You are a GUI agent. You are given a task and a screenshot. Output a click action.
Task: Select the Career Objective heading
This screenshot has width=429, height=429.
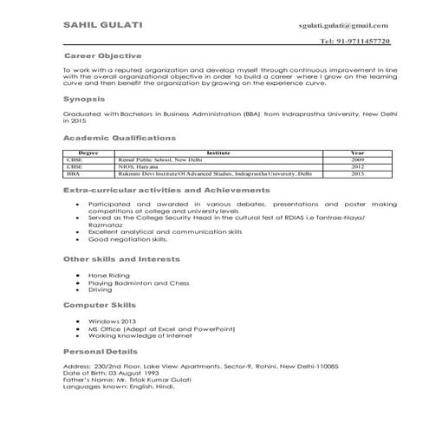[105, 54]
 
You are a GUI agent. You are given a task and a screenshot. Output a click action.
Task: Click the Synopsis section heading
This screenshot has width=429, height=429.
[84, 100]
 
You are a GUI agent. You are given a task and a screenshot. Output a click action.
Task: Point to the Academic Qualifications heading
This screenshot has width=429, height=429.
[120, 138]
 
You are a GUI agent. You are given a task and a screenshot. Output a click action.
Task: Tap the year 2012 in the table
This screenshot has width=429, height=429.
[357, 167]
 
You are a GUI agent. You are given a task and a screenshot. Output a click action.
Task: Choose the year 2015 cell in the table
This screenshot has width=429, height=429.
[357, 174]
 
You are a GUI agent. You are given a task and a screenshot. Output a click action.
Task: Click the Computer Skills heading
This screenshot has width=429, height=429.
[98, 306]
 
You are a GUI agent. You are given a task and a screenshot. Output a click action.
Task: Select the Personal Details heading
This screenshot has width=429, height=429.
[101, 352]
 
